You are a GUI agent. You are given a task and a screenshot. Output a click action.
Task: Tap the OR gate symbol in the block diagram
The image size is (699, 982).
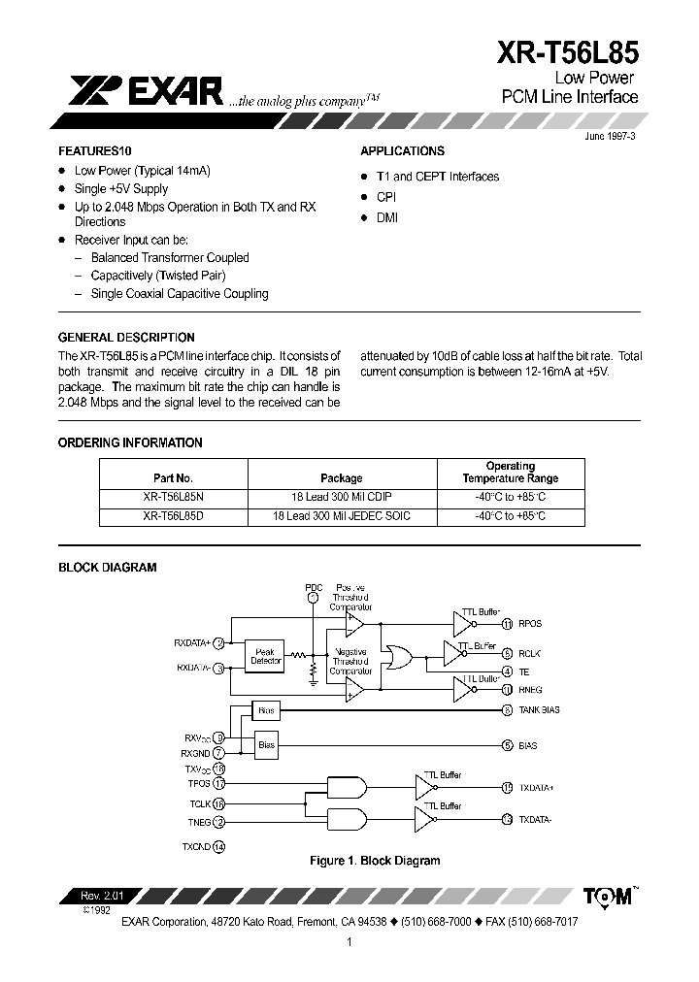[x=398, y=657]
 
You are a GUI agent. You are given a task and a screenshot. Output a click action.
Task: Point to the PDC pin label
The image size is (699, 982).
[x=313, y=588]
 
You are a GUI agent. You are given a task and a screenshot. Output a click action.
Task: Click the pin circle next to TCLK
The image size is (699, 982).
[x=218, y=803]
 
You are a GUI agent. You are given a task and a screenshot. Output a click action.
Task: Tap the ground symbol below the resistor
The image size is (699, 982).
[x=313, y=681]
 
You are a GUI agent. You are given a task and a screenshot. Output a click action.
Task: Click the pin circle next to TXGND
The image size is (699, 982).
[x=218, y=846]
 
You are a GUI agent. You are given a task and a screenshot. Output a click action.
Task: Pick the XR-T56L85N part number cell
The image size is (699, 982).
[x=174, y=496]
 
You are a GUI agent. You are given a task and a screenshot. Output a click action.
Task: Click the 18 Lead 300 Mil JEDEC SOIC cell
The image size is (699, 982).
[x=341, y=516]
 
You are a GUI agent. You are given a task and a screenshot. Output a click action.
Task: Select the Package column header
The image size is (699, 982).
[x=341, y=478]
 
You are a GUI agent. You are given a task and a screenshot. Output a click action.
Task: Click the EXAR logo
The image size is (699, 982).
[x=146, y=91]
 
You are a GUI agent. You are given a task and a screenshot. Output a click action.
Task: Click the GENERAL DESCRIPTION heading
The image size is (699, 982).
[x=127, y=338]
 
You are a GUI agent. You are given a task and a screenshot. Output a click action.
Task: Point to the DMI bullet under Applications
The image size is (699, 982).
[x=387, y=218]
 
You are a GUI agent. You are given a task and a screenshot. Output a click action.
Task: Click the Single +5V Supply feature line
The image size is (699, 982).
[x=121, y=189]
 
